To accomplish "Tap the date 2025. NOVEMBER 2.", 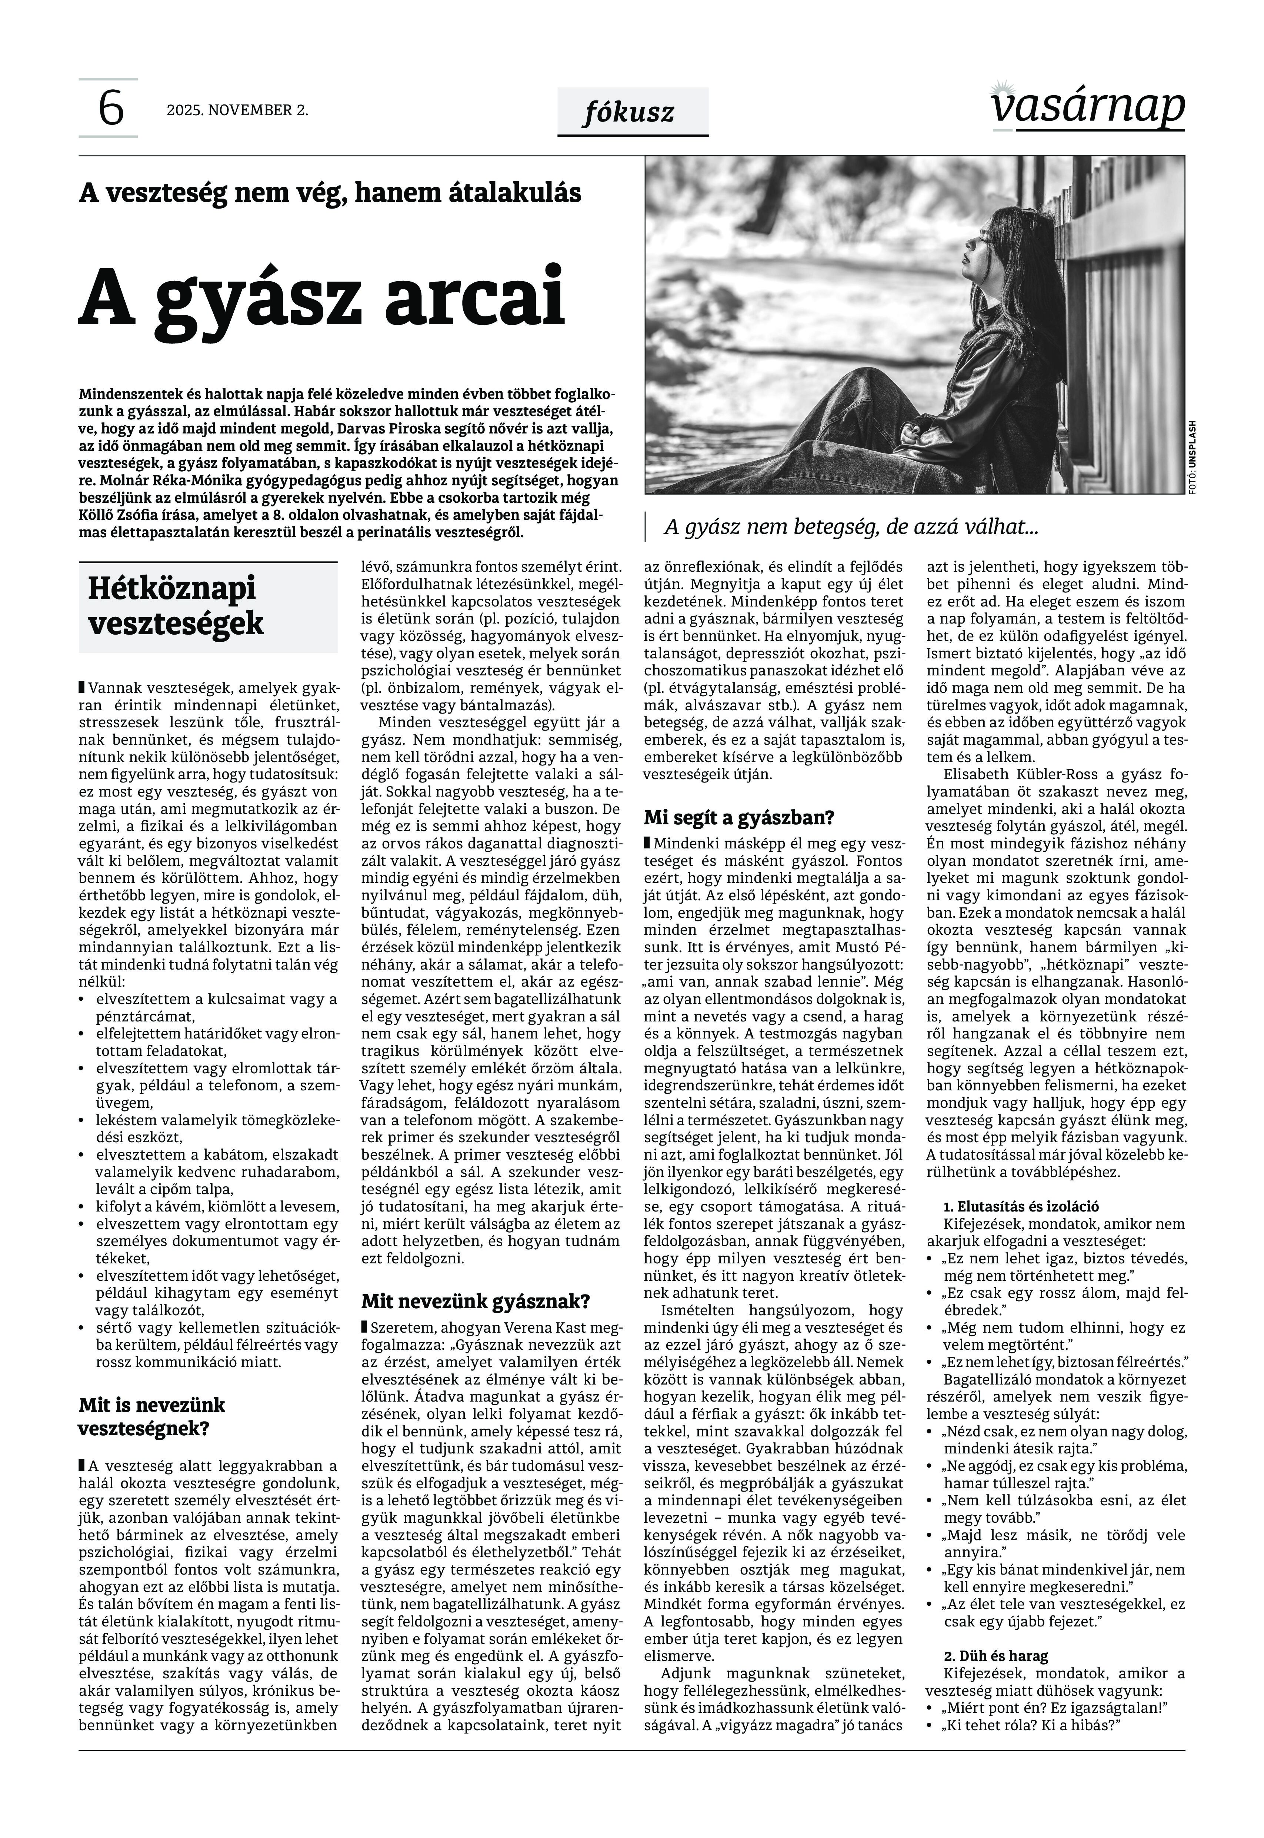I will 237,110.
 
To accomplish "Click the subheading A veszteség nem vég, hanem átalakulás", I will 330,193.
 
